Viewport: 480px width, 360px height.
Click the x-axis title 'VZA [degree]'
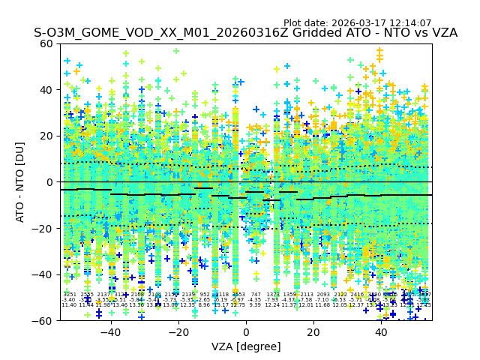coord(246,346)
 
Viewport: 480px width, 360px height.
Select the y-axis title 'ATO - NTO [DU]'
coord(21,182)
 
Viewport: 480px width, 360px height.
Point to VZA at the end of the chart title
coord(442,33)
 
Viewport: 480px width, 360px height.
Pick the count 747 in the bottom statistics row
coord(256,295)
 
